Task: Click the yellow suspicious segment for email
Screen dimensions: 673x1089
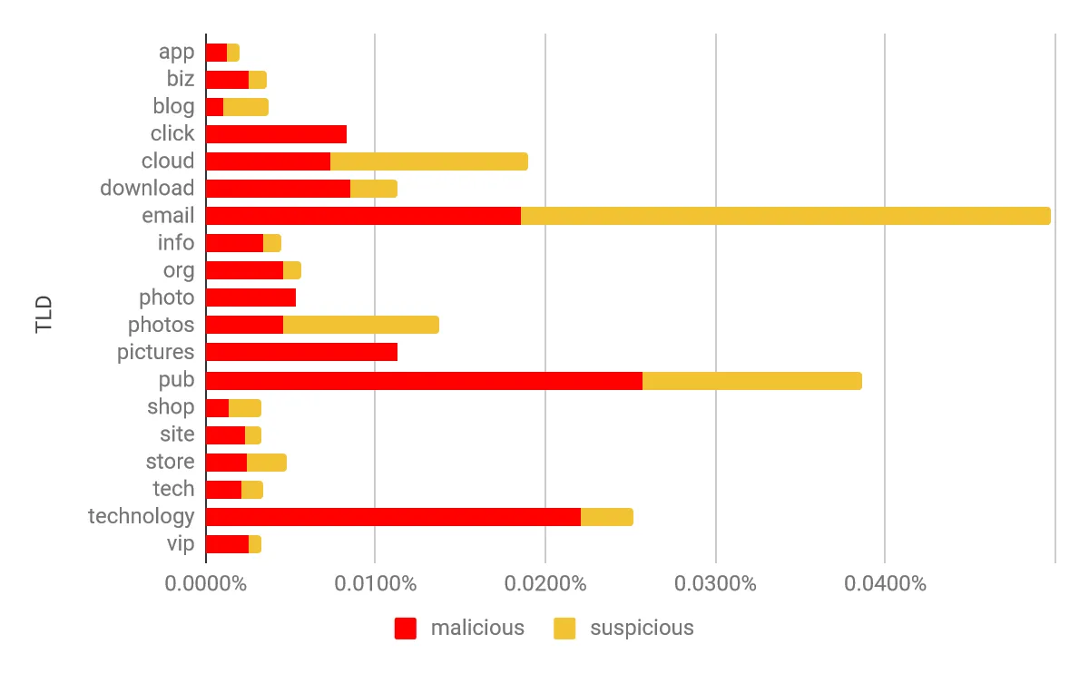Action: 785,216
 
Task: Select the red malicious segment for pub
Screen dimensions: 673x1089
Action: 424,381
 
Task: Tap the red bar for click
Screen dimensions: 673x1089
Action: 276,134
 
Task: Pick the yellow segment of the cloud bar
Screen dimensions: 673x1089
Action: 428,161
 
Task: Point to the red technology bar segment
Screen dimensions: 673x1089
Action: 393,517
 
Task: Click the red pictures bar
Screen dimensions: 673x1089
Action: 301,352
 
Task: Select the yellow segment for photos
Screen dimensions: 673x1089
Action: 360,325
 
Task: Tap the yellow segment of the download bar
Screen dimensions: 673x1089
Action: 373,189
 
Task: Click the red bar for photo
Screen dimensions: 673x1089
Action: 250,297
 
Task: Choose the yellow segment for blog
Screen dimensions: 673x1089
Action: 245,107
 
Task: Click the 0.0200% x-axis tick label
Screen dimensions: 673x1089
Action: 545,583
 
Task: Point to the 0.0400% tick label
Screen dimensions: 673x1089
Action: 885,583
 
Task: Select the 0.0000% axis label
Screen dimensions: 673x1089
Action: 206,583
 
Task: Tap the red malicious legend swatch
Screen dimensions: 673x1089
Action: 405,628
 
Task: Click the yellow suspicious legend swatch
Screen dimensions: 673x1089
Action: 564,628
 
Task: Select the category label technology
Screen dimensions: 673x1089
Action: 141,517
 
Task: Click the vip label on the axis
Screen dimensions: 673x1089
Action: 181,544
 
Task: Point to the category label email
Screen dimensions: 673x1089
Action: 168,216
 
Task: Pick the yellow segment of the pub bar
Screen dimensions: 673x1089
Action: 751,381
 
